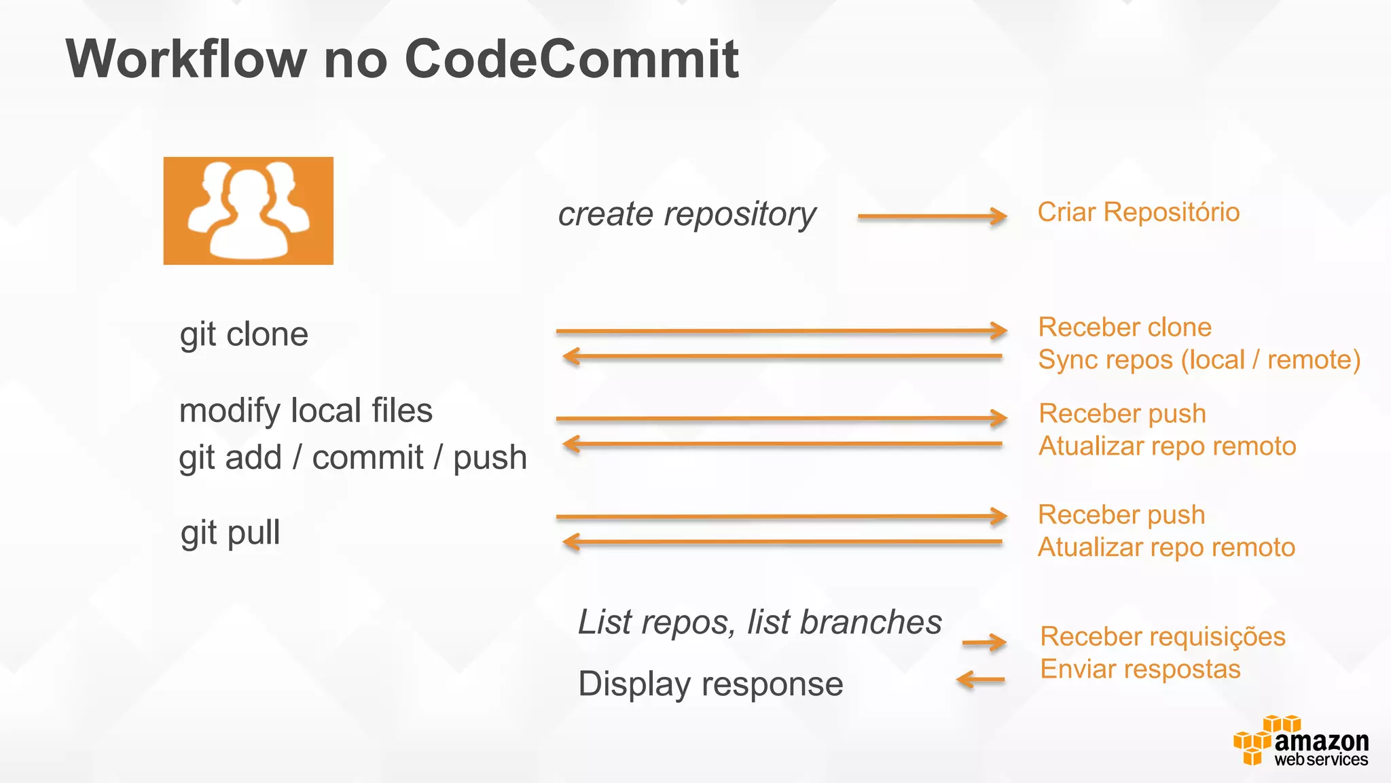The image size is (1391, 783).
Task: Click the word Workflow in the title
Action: coord(186,60)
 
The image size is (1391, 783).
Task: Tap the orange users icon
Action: coord(248,211)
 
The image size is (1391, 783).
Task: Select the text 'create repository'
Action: coord(687,215)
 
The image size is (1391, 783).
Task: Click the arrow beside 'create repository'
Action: coord(931,217)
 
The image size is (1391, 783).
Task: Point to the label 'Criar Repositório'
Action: coord(1138,212)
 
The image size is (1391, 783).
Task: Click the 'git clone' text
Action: coord(244,334)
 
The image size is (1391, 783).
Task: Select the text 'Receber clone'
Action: coord(1124,328)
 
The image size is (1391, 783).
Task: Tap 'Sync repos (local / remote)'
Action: coord(1199,360)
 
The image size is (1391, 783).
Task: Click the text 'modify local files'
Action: coord(306,411)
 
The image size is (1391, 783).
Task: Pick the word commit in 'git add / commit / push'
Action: coord(367,457)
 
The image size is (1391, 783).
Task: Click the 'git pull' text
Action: coord(230,532)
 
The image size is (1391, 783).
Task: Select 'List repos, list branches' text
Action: coord(759,622)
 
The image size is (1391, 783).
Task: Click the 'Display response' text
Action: coord(710,684)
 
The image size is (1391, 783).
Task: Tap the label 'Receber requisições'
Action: coord(1162,637)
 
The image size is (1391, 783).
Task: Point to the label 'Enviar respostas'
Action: coord(1140,669)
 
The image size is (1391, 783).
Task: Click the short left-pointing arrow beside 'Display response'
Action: coord(980,680)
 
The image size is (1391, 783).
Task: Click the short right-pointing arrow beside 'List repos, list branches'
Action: coord(984,642)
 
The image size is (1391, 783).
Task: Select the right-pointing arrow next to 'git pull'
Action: coord(781,517)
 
